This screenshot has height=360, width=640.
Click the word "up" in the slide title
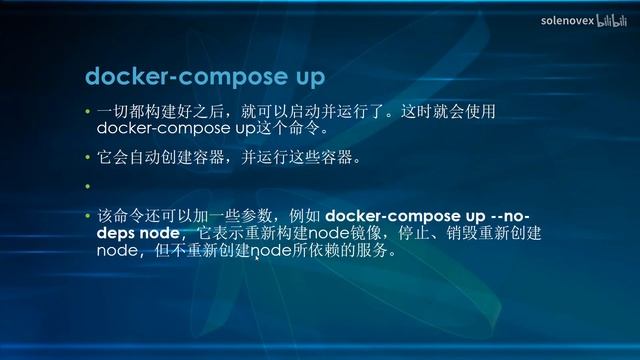[300, 77]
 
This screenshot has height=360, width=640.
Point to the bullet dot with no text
[87, 187]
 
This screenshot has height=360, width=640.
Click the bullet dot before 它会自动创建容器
[87, 158]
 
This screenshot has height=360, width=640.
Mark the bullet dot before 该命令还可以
[87, 217]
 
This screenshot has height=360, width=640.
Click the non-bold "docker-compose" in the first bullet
[156, 129]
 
